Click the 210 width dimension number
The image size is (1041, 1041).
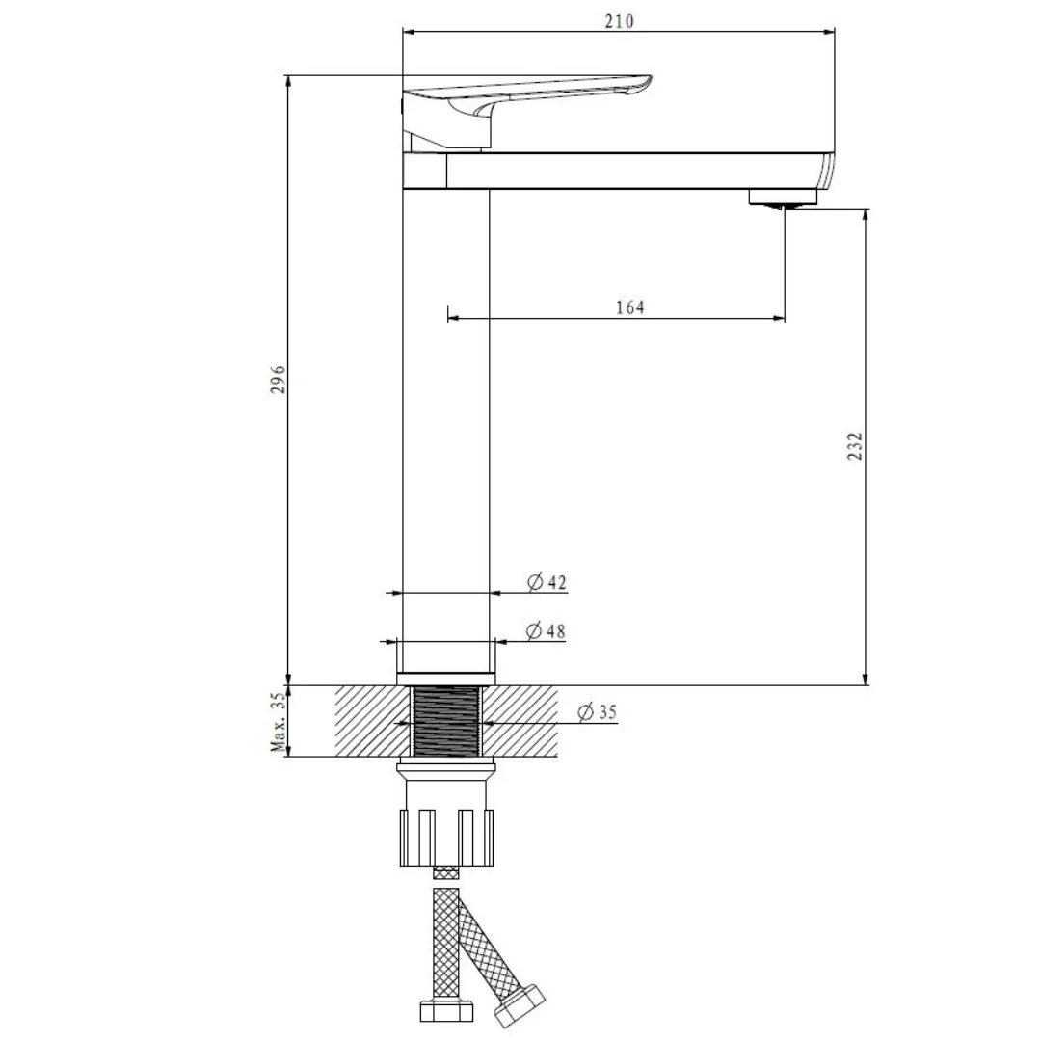619,21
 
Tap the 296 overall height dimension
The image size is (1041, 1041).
278,379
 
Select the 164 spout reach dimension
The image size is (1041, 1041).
630,307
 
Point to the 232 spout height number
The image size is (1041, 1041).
855,445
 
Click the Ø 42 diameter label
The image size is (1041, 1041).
547,582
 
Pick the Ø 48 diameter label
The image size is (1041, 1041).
546,630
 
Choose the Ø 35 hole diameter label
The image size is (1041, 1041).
598,712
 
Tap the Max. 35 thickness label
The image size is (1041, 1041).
279,722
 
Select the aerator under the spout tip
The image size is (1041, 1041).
783,199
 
